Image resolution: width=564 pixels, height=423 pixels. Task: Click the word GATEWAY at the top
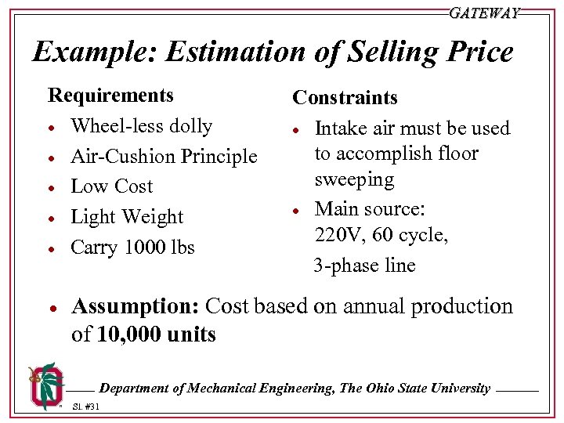pyautogui.click(x=484, y=13)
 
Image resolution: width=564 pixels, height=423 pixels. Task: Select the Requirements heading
pyautogui.click(x=110, y=96)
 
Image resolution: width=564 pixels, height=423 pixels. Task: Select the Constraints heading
pyautogui.click(x=345, y=98)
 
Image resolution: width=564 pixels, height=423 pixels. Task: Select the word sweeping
pyautogui.click(x=354, y=179)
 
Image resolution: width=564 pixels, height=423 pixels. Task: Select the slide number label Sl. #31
pyautogui.click(x=85, y=407)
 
